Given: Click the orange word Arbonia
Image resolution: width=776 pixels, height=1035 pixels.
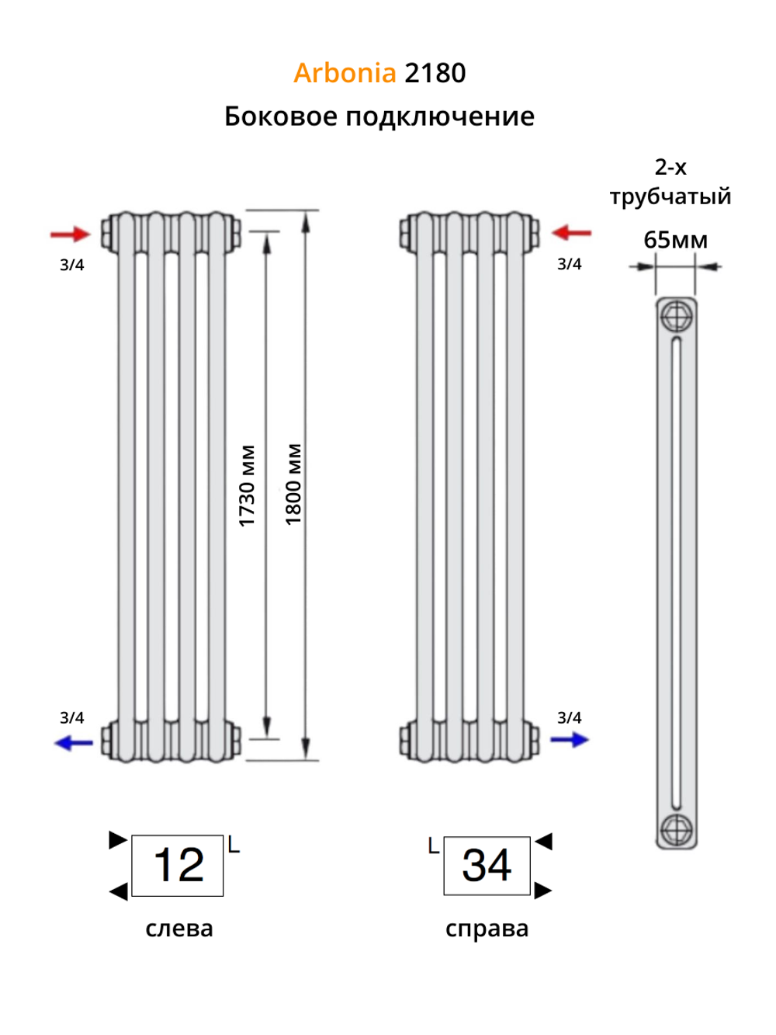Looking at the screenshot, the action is (x=345, y=73).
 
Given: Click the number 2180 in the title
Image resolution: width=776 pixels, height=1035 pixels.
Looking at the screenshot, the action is (x=435, y=73).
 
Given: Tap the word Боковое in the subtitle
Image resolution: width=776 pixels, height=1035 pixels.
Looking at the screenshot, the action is (x=280, y=116).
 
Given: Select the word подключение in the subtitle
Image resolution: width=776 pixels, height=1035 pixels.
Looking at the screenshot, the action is (x=440, y=117).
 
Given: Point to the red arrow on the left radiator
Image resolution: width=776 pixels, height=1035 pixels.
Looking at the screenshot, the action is (x=70, y=234).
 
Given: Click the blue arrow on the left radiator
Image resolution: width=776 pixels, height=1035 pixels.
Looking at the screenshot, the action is (x=74, y=743).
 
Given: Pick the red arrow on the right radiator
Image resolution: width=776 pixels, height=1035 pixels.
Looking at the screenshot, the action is (x=571, y=232).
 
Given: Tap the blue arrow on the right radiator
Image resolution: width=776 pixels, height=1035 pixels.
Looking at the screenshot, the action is (x=570, y=740).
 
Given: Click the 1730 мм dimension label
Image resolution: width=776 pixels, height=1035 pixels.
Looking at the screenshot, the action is (x=247, y=486).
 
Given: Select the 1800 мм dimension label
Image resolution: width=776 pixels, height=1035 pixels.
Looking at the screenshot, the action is (x=293, y=485).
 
